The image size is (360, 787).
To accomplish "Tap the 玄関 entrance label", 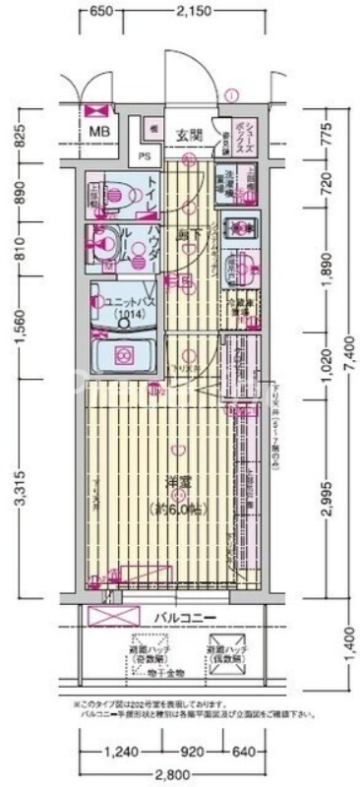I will (190, 135).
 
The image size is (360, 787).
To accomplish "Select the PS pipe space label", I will (144, 154).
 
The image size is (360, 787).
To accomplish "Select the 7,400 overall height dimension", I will (348, 364).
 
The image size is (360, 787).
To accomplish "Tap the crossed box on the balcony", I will (114, 617).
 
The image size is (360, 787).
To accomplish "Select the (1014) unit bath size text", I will (126, 315).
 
